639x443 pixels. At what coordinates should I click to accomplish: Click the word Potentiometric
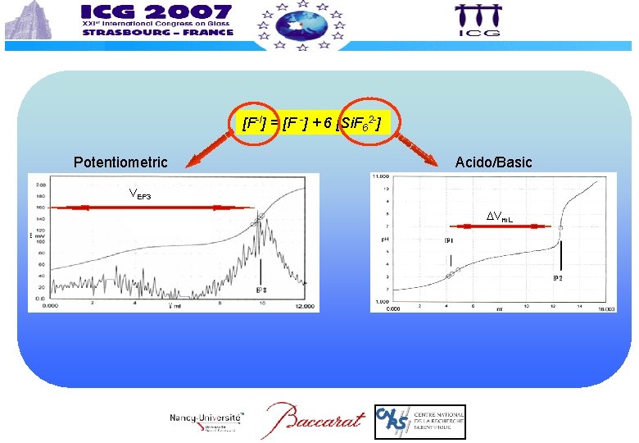[120, 162]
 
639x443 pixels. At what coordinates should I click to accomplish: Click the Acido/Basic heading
[493, 162]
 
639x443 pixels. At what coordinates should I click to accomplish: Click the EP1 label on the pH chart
[450, 241]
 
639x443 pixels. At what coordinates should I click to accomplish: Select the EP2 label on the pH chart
[557, 279]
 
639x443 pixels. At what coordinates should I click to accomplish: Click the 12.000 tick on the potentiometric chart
[305, 306]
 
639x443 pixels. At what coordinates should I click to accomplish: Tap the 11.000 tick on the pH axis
[380, 176]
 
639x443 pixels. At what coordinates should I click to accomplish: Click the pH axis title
[382, 240]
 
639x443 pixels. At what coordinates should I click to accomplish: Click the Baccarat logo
[314, 421]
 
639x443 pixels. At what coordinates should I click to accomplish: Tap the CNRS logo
[419, 422]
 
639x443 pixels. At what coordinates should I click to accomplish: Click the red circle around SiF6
[363, 124]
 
